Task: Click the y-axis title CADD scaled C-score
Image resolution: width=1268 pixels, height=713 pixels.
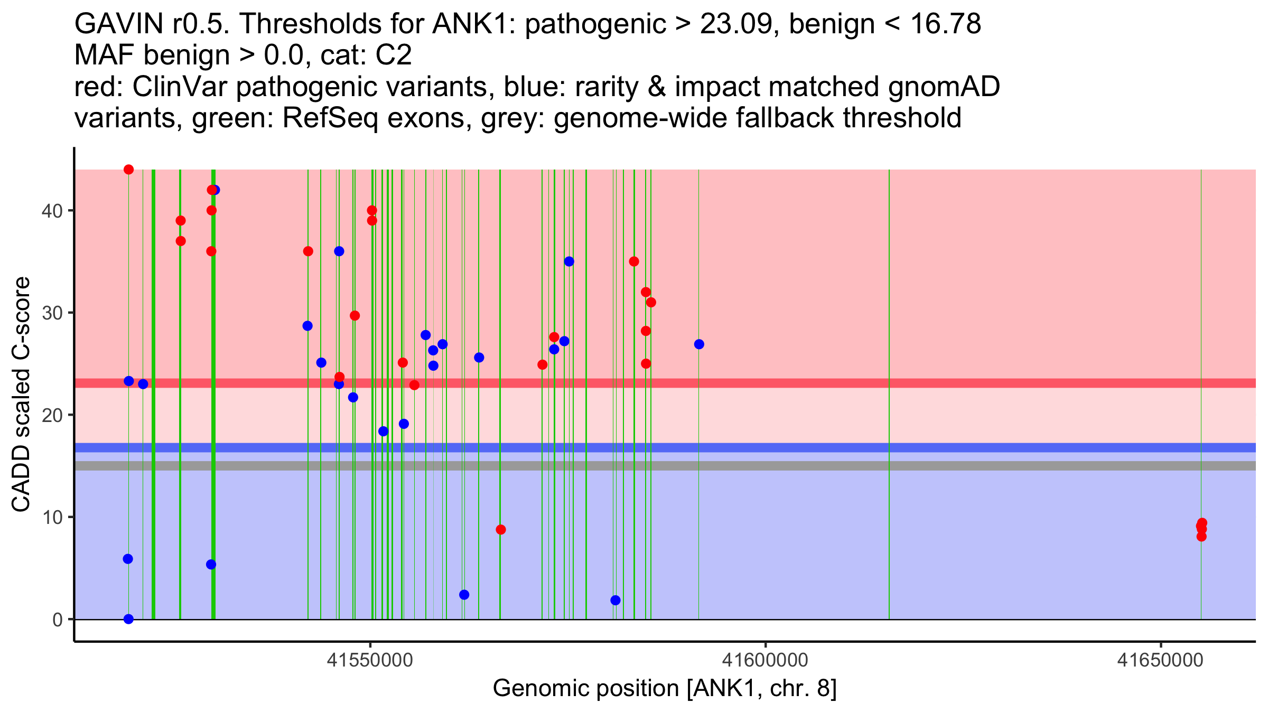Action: coord(21,395)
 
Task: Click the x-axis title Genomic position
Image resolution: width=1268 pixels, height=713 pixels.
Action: coord(664,689)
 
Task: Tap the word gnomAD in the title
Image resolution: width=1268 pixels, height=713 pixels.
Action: coord(944,87)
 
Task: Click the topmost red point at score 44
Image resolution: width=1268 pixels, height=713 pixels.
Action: coord(128,170)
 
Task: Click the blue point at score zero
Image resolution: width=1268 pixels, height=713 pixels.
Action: coord(128,619)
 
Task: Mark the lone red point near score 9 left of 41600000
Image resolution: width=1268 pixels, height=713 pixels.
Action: coord(501,530)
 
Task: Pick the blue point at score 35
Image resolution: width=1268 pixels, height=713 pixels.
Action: coord(569,261)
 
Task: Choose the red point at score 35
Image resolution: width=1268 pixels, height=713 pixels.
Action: coord(634,261)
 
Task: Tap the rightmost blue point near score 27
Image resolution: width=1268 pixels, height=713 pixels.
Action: coord(699,344)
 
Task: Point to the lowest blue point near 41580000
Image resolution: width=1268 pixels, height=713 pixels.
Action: coord(616,601)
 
